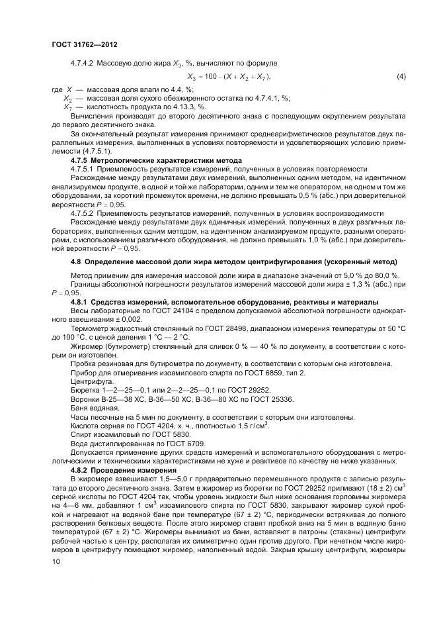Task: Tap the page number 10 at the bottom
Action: click(56, 562)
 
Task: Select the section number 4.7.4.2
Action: click(83, 63)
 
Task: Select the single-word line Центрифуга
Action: click(87, 381)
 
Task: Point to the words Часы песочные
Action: click(96, 416)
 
